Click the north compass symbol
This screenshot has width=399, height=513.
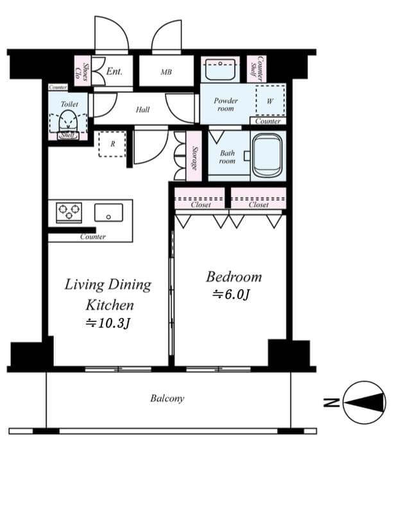[x=364, y=403]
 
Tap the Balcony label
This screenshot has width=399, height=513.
[x=167, y=398]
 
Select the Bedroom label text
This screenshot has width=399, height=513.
[x=233, y=277]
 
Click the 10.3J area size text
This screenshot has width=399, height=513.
[x=108, y=323]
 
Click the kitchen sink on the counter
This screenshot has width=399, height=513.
[x=108, y=212]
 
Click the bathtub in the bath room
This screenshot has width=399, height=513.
[x=267, y=155]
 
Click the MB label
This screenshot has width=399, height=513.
[x=166, y=72]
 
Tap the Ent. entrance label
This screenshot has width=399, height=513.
[x=114, y=72]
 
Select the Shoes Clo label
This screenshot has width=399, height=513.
[x=81, y=71]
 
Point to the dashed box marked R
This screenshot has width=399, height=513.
[x=112, y=144]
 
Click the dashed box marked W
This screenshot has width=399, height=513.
[x=269, y=101]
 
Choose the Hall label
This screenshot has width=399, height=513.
[x=142, y=110]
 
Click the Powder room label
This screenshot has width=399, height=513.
[x=226, y=105]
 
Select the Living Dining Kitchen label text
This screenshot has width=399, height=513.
[x=108, y=294]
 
